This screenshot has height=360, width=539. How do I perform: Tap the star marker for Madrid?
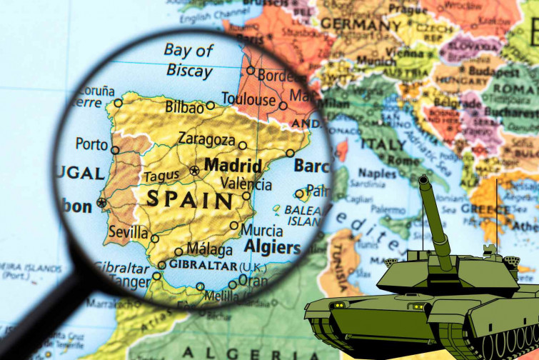[x=194, y=170]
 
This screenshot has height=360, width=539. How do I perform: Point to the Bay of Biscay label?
[x=188, y=60]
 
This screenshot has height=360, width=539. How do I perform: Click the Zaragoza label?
[x=206, y=139]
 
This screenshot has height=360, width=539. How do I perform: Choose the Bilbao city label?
[x=184, y=106]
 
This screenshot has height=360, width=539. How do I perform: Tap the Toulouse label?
[x=248, y=99]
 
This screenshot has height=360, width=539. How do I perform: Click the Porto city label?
[x=91, y=144]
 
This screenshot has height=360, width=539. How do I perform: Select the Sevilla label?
[x=129, y=232]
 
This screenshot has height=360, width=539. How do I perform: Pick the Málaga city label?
[x=209, y=250]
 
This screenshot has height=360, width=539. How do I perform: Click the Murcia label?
[x=261, y=230]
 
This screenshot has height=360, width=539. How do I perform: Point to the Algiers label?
[x=273, y=248]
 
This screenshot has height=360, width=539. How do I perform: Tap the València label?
[x=246, y=184]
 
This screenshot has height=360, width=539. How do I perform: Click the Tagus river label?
[x=161, y=176]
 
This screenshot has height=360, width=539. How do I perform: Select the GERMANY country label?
[x=360, y=23]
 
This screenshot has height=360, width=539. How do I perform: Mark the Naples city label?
[x=377, y=174]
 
